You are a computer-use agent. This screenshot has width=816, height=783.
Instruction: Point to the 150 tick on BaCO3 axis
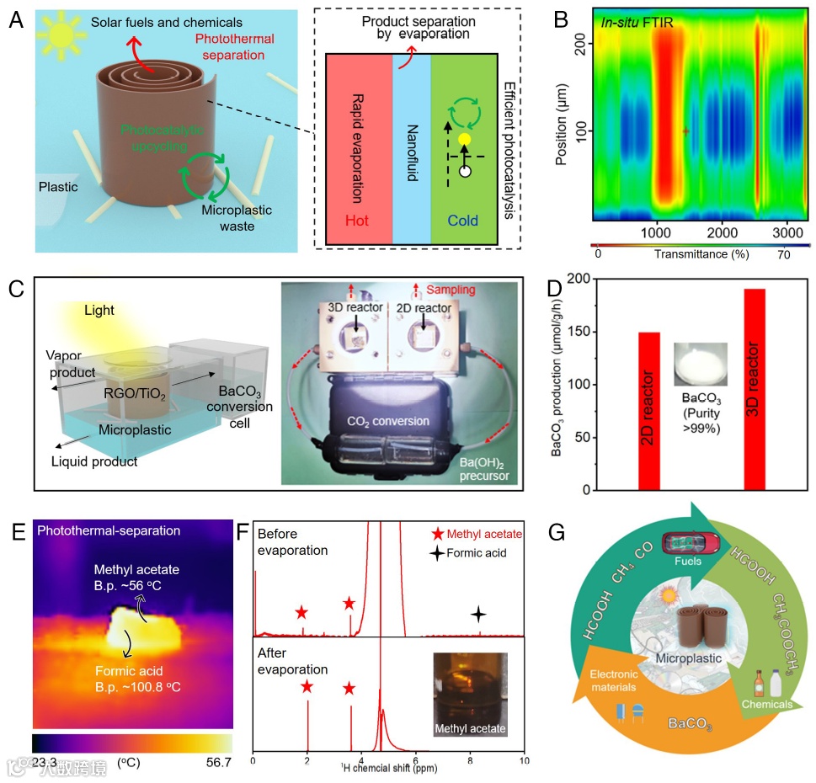[x=613, y=333]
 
